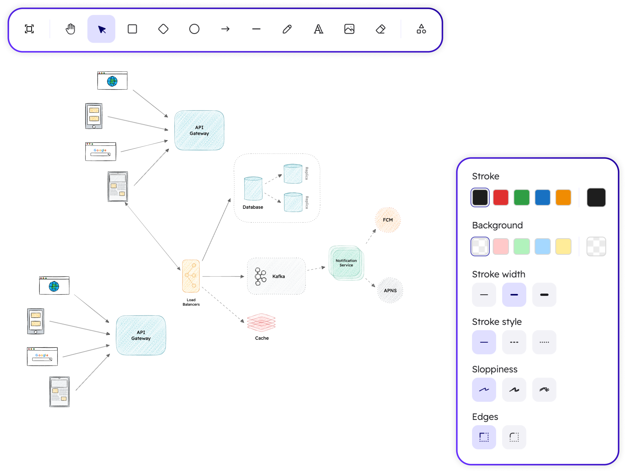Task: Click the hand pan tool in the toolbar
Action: (x=70, y=29)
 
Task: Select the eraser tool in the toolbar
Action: (x=380, y=29)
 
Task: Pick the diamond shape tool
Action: (x=163, y=29)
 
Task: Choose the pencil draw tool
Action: (x=287, y=29)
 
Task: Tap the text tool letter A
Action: (x=318, y=29)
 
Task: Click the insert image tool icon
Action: (x=349, y=29)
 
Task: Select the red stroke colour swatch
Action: (x=501, y=197)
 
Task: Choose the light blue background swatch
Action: (x=542, y=246)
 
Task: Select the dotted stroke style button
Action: (x=544, y=342)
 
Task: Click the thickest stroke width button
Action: (x=544, y=295)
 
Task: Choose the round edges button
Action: (x=514, y=437)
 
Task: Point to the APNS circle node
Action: (x=390, y=290)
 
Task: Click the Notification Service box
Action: (x=346, y=263)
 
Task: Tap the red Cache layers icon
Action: (x=261, y=322)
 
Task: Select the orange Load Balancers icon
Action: (x=191, y=276)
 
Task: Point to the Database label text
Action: (x=253, y=207)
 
